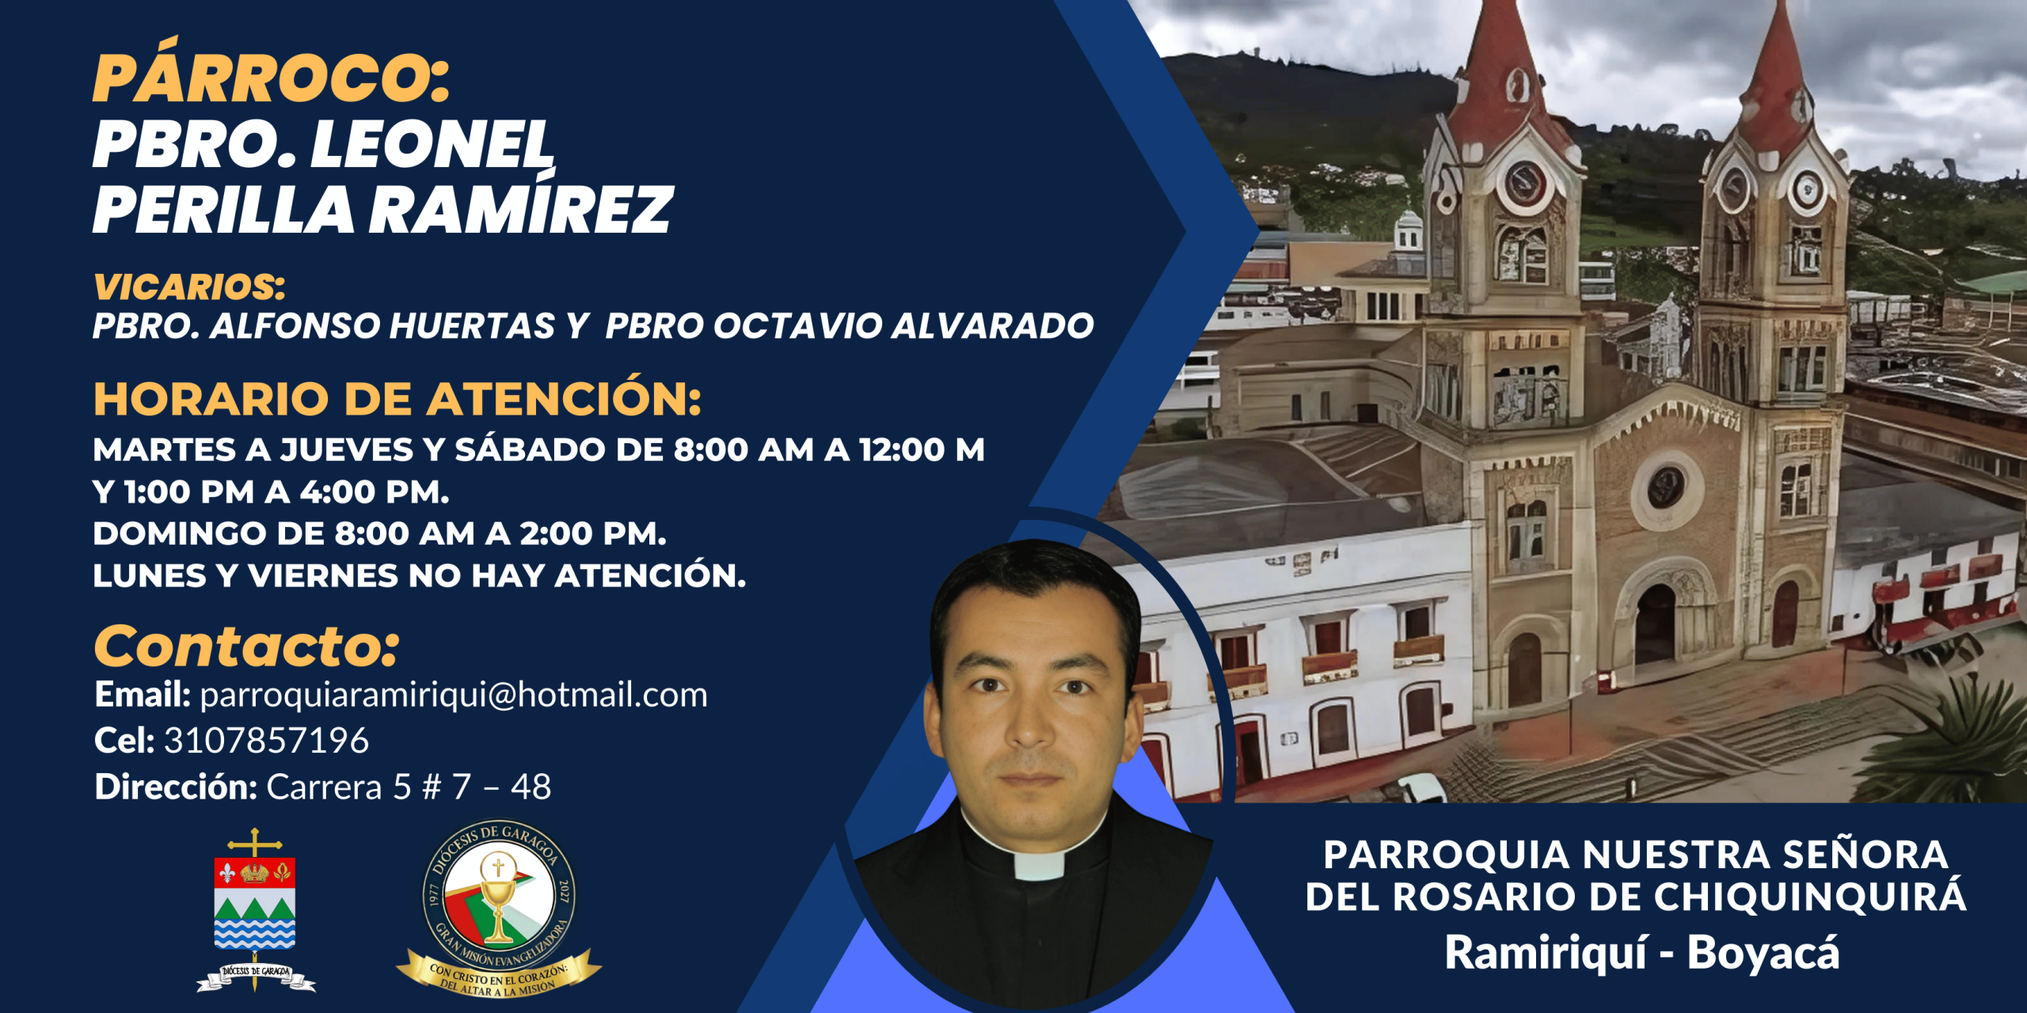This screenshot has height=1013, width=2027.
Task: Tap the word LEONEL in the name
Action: [432, 145]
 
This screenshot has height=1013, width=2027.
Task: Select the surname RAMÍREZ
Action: [521, 209]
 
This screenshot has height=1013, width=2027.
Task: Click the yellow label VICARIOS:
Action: [189, 286]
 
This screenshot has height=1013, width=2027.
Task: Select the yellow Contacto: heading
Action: [246, 647]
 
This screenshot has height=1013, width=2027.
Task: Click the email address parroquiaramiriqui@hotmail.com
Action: [454, 696]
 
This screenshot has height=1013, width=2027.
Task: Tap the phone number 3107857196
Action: [266, 741]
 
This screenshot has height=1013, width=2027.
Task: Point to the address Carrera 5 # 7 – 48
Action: [409, 787]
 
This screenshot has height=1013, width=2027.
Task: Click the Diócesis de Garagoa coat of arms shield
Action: [255, 903]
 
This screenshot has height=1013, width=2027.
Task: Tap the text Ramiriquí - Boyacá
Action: [1642, 952]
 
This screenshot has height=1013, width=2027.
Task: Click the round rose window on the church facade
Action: [1666, 488]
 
